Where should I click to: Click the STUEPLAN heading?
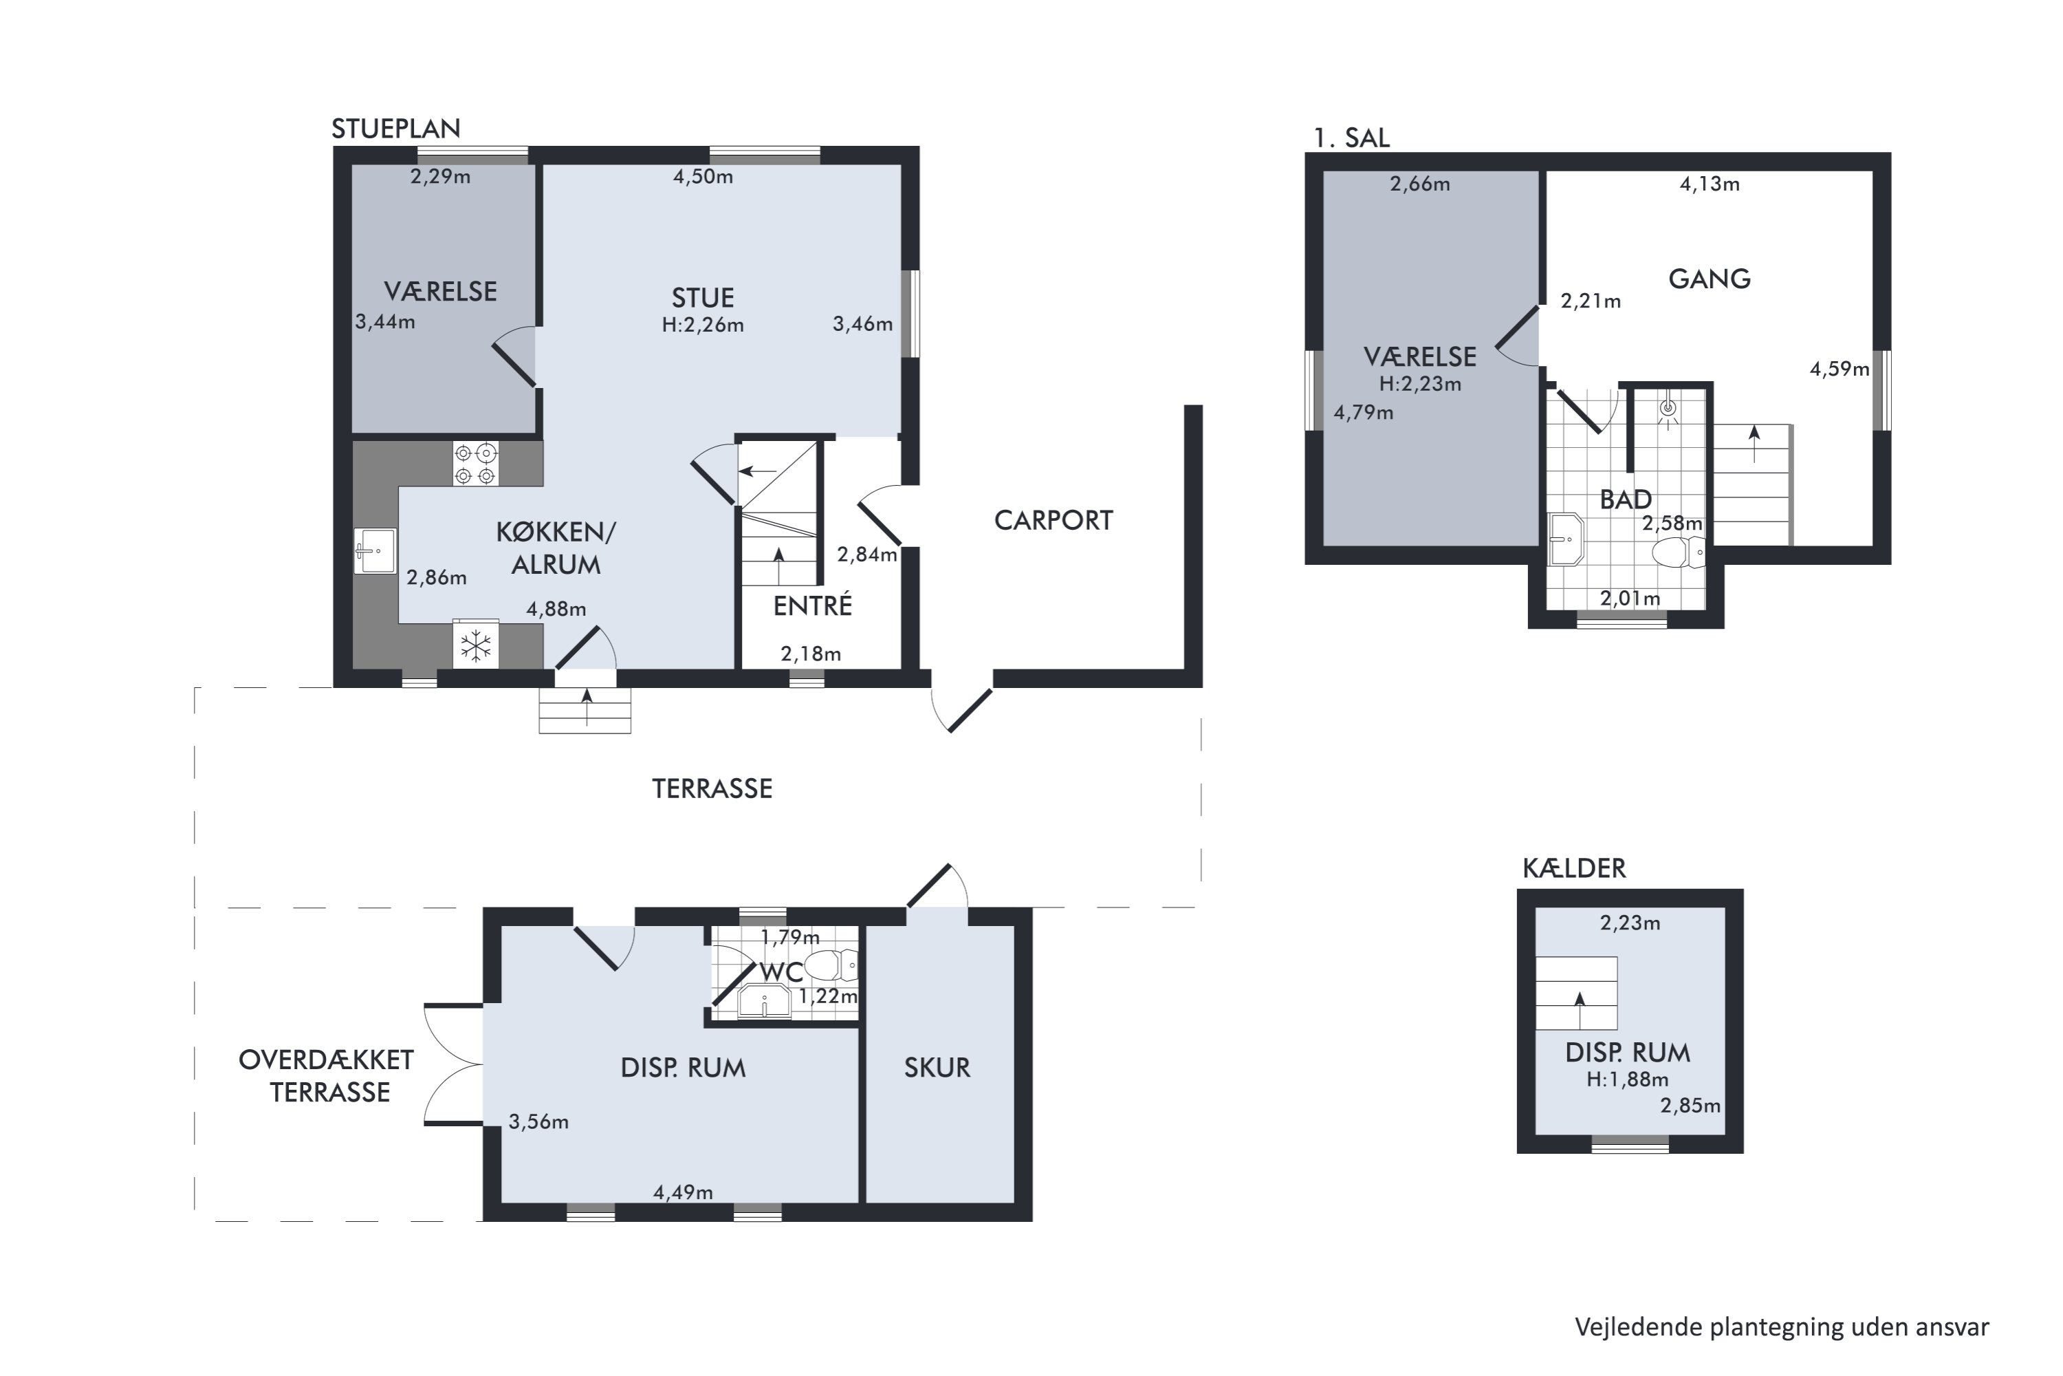click(395, 129)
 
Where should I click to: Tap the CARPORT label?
click(1054, 520)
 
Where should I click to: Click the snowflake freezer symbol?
click(475, 647)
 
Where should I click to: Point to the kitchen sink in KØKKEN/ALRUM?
click(375, 551)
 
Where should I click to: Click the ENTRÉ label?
click(812, 605)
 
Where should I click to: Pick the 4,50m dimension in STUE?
click(703, 176)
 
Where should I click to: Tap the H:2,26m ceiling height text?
click(703, 325)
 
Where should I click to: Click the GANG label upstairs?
click(1709, 279)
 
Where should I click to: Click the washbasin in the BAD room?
click(1565, 539)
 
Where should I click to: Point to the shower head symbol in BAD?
click(1668, 408)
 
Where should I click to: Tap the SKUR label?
click(937, 1068)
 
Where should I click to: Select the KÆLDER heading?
click(1573, 869)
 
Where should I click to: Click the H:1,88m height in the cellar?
click(1627, 1079)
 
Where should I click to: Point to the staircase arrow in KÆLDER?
click(1580, 1010)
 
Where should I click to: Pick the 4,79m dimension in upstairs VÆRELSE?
click(1363, 412)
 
